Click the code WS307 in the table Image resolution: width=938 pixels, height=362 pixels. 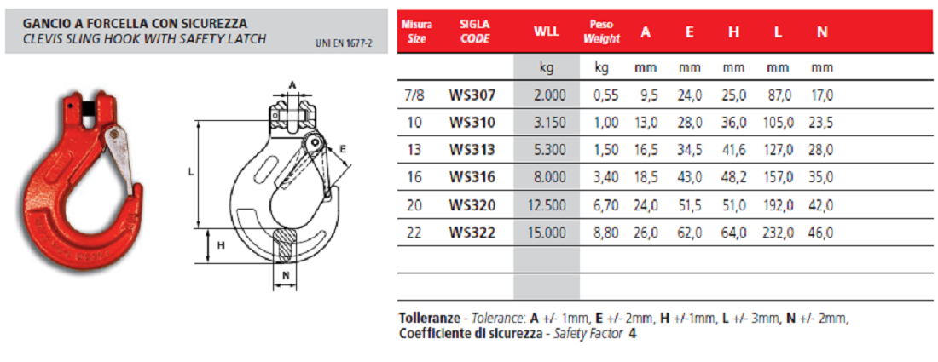(x=472, y=95)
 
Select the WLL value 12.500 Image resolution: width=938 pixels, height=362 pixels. (x=547, y=205)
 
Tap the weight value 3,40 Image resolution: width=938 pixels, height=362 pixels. (x=606, y=178)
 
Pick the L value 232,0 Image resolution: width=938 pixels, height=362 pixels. (x=778, y=233)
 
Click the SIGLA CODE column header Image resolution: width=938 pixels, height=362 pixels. (x=475, y=32)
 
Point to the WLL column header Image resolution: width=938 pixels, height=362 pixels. (x=546, y=32)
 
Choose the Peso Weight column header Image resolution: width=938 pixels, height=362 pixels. (x=602, y=32)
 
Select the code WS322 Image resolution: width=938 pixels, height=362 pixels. (x=472, y=233)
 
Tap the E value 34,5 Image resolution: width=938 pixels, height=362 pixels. (x=690, y=151)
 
